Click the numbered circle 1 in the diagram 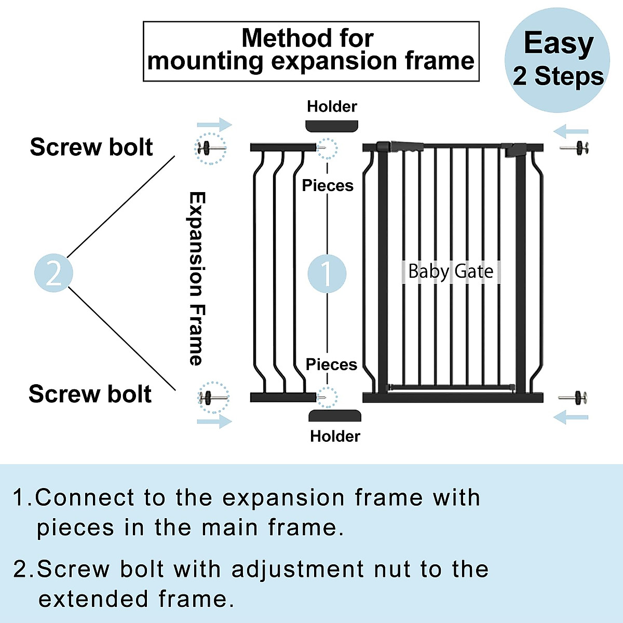[x=327, y=273]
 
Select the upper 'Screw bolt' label [x=91, y=147]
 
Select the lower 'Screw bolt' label [x=90, y=394]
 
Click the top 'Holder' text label [x=332, y=106]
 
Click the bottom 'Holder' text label [x=335, y=436]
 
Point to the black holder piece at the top [x=332, y=126]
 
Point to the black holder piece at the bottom [x=335, y=415]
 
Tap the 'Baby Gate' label [x=451, y=272]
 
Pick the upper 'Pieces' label [x=328, y=185]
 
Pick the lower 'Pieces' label [x=331, y=364]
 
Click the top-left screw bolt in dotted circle [x=210, y=148]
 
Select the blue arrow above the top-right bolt [x=571, y=131]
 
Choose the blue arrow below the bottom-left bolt [x=214, y=421]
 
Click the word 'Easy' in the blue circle [x=559, y=43]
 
